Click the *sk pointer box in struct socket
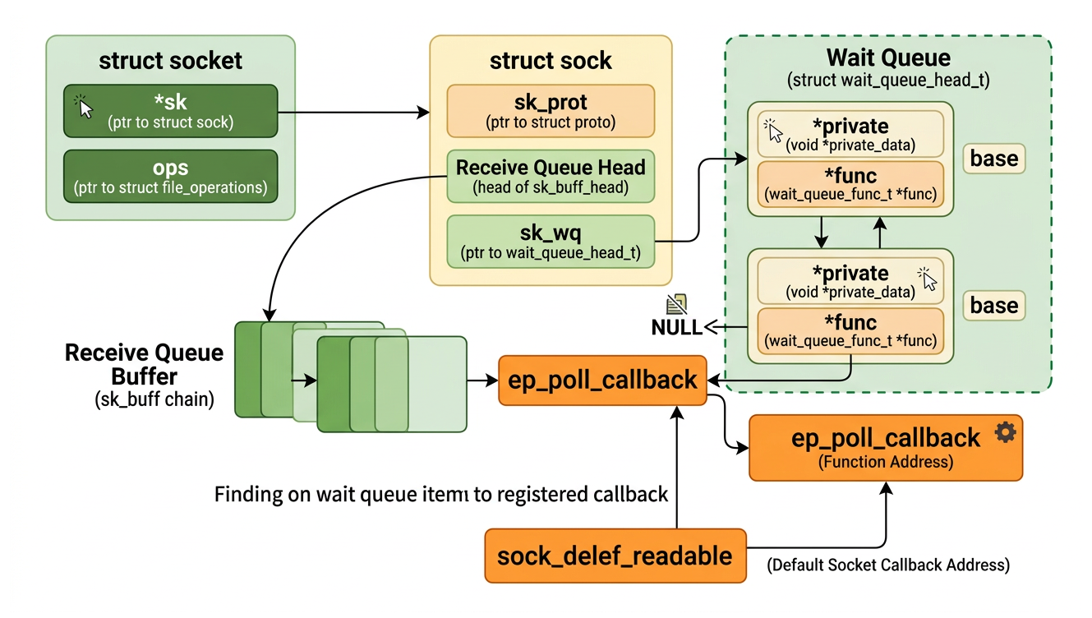point(170,112)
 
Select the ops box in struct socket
point(170,176)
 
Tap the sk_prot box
point(551,111)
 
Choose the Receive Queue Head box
point(551,176)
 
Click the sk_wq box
point(551,241)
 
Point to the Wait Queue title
point(888,58)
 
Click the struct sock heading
point(551,61)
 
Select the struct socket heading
point(170,61)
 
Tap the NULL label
point(676,327)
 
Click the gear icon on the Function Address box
point(1005,433)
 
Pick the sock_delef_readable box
point(615,556)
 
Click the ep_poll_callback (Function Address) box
point(885,447)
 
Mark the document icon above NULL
point(678,305)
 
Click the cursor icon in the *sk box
point(85,106)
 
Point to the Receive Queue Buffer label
point(144,364)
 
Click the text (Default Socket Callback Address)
point(888,565)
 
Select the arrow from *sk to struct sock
point(353,111)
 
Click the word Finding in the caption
point(244,495)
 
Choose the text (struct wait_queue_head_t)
point(888,81)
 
